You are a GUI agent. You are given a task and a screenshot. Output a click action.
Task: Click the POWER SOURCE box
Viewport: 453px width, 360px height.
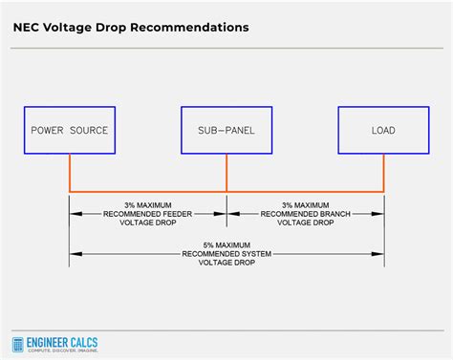click(69, 130)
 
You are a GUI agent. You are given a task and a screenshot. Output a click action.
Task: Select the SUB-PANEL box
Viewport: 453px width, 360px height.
click(226, 130)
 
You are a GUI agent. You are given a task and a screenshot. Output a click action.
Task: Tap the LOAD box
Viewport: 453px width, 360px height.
click(383, 130)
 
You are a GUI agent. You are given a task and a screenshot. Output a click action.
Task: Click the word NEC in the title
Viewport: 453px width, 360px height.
click(28, 27)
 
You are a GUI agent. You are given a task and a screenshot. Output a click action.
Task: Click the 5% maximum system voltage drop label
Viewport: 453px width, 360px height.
click(226, 254)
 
